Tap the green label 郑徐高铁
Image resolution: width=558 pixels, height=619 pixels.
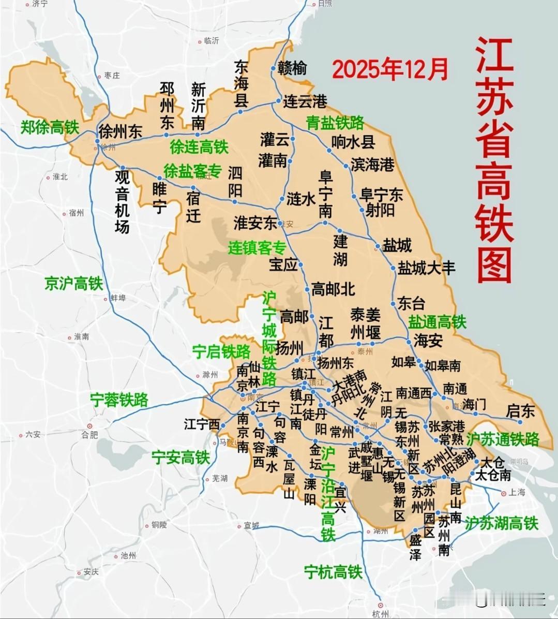pyautogui.click(x=50, y=127)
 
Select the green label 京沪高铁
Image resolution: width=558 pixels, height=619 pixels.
pyautogui.click(x=73, y=283)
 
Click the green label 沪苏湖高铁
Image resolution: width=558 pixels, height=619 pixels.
pyautogui.click(x=501, y=523)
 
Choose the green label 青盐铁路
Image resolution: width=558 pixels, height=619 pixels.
pyautogui.click(x=335, y=123)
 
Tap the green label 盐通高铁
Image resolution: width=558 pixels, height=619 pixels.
pyautogui.click(x=437, y=322)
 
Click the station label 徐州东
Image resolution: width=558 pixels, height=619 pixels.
pyautogui.click(x=120, y=131)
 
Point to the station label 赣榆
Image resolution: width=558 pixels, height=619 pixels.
pyautogui.click(x=292, y=68)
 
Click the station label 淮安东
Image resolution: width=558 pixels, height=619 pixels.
pyautogui.click(x=255, y=223)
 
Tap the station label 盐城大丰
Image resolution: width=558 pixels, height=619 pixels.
pyautogui.click(x=426, y=268)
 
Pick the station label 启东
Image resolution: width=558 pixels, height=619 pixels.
pyautogui.click(x=520, y=411)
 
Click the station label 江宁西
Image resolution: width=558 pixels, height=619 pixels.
pyautogui.click(x=202, y=424)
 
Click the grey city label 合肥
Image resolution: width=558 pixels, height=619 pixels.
pyautogui.click(x=89, y=435)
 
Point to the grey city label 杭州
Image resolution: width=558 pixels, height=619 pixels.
pyautogui.click(x=380, y=614)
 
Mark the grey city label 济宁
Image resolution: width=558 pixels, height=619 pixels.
pyautogui.click(x=40, y=4)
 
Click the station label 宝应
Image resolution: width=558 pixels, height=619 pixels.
pyautogui.click(x=283, y=264)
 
